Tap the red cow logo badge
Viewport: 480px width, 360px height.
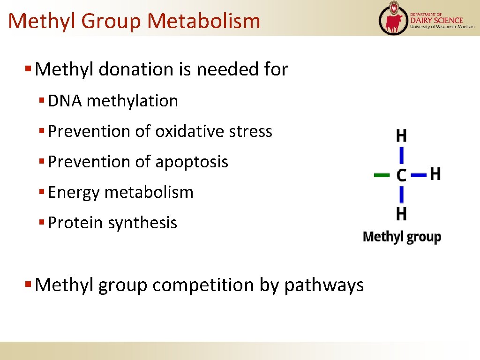click(393, 19)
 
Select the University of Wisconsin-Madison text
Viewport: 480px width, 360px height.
click(442, 27)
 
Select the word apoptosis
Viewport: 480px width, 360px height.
click(191, 162)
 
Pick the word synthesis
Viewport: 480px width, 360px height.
click(142, 223)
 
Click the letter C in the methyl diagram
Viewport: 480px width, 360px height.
click(401, 175)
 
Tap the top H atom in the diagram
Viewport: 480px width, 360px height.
click(401, 136)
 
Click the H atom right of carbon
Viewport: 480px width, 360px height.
click(435, 174)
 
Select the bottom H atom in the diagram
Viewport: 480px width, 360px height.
click(401, 214)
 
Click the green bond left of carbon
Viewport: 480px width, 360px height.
click(382, 175)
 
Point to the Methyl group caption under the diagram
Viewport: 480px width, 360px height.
click(402, 237)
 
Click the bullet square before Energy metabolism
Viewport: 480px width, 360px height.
click(41, 192)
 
